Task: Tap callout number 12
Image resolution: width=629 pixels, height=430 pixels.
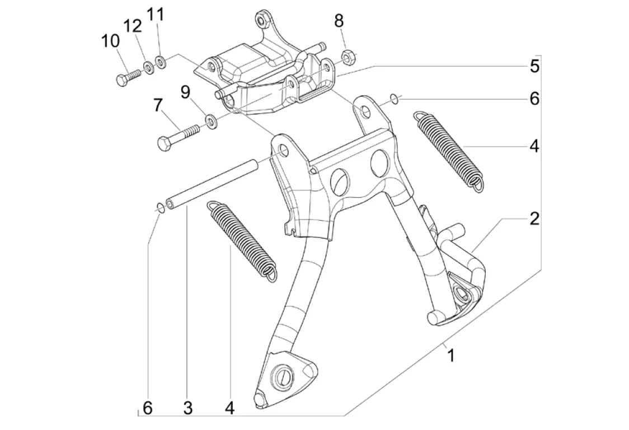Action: (133, 26)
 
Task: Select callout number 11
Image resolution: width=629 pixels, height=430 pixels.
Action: (157, 14)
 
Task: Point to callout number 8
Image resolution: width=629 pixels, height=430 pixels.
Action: (339, 21)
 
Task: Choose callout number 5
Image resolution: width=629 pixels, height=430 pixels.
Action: (534, 66)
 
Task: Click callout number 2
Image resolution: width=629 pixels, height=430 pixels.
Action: (534, 218)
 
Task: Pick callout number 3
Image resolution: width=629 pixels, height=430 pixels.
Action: (187, 408)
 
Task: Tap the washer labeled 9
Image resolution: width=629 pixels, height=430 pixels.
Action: (212, 120)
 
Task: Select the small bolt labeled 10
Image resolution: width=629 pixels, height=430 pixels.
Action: (127, 77)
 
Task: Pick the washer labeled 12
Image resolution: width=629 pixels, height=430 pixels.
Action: (149, 68)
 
